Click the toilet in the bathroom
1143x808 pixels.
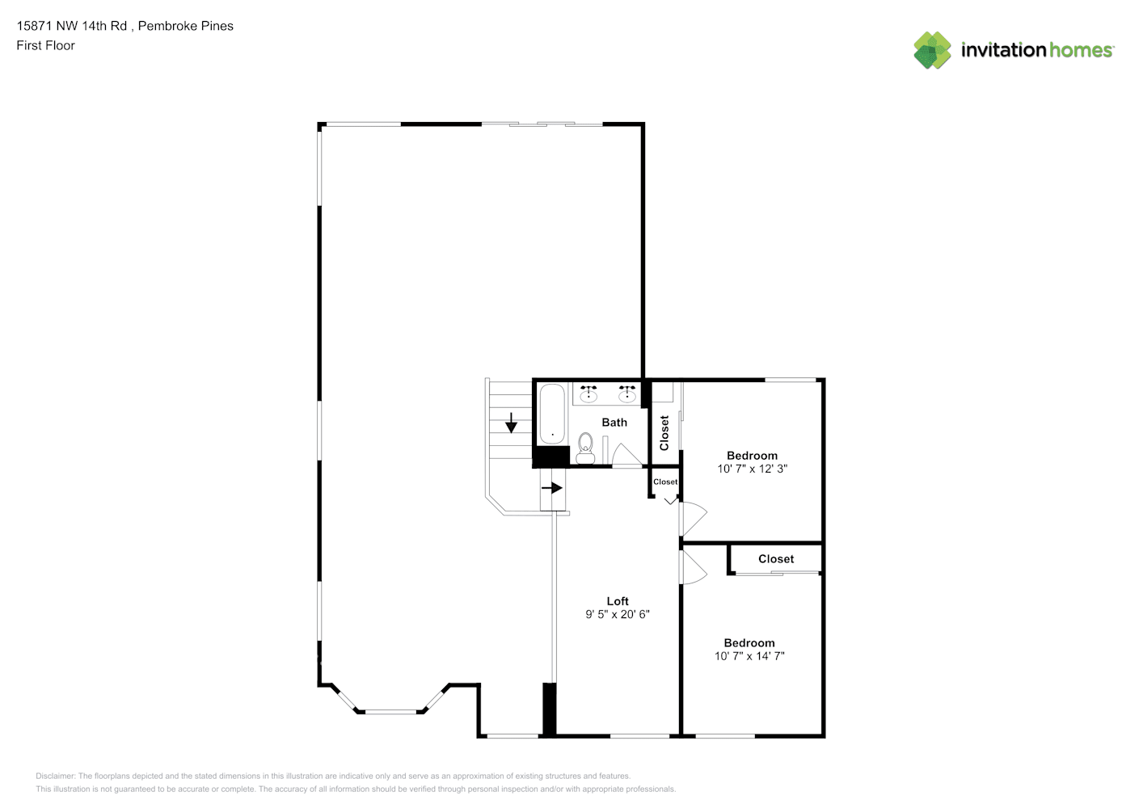[585, 448]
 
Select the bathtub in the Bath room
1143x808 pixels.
[552, 414]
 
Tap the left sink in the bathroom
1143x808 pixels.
[588, 393]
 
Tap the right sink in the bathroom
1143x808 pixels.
[626, 393]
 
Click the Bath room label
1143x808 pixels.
[614, 423]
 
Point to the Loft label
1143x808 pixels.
[618, 601]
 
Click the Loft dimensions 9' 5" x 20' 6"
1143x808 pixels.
[618, 614]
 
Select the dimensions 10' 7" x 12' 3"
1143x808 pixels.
[752, 469]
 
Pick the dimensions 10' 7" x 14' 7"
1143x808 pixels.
[749, 656]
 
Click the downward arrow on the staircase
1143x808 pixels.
[511, 423]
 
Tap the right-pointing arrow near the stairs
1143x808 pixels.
[551, 488]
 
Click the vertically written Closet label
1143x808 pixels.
[664, 433]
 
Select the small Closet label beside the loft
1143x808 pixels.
[665, 482]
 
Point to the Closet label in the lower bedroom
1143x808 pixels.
[776, 559]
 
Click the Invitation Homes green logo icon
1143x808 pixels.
[932, 50]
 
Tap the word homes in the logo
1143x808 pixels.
[1080, 50]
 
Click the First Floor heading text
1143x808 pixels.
[45, 45]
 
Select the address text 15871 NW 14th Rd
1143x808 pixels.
[71, 26]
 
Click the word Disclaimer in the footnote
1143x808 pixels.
[55, 776]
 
